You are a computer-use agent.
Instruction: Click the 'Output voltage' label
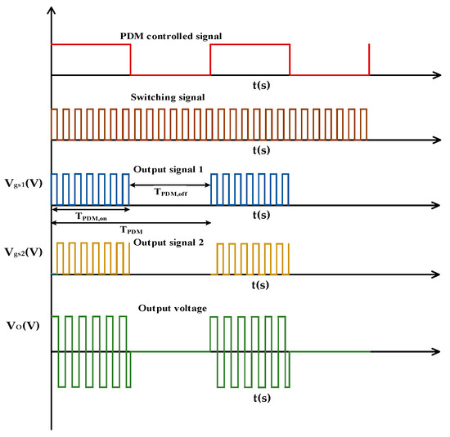[167, 308]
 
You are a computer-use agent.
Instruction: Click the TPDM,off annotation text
[169, 191]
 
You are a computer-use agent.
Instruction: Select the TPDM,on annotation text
[91, 217]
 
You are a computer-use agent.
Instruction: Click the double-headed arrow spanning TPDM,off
[169, 185]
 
